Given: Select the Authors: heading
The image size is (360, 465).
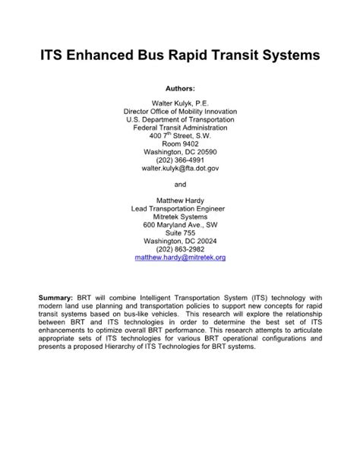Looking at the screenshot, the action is point(180,88).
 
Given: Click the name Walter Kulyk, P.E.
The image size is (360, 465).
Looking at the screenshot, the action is point(180,102).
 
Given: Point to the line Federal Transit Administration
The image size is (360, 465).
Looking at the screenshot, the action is point(180,128).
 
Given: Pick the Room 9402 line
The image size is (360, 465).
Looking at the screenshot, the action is point(180,144).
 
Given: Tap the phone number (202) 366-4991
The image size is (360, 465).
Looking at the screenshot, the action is point(180,161).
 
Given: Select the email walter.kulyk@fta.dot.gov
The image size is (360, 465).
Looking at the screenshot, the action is point(180,170).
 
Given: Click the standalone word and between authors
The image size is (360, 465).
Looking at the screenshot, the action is point(180,185).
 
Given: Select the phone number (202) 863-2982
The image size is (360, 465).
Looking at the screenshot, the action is point(180,249).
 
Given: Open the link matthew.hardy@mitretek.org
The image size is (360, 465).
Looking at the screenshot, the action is point(180,258).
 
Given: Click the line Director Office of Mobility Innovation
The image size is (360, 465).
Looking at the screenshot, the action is point(180,111).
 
